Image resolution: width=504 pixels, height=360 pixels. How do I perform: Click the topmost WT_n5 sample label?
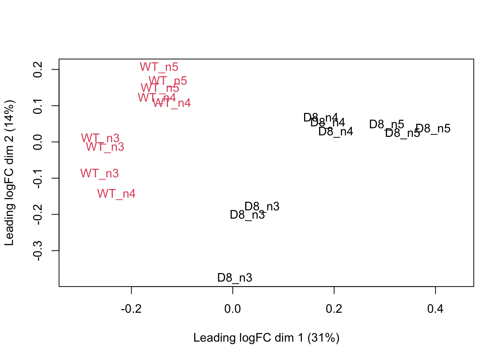[159, 67]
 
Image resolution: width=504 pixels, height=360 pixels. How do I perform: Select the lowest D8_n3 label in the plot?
[235, 278]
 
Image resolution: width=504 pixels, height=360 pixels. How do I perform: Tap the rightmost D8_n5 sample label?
[433, 129]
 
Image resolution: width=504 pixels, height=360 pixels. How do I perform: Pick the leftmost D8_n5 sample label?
[387, 124]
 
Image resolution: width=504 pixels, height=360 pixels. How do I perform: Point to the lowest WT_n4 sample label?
[116, 194]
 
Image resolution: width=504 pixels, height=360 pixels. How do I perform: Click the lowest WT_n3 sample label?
[99, 174]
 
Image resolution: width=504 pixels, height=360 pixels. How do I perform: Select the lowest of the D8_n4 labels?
[336, 132]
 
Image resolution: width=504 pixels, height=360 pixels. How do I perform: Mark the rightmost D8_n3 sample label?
[262, 207]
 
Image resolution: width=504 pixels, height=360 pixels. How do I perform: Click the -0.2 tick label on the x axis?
[131, 309]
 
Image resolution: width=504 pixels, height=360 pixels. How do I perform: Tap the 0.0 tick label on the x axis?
[232, 309]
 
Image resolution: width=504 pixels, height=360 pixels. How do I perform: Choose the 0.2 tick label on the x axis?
[334, 309]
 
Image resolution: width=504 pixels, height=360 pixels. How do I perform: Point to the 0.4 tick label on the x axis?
[435, 309]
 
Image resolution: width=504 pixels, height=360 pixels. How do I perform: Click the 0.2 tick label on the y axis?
[37, 70]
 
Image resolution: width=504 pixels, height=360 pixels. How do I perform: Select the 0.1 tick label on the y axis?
[37, 106]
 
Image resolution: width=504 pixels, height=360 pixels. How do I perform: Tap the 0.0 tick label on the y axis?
[37, 142]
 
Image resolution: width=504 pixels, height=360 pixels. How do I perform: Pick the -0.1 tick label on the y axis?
[37, 178]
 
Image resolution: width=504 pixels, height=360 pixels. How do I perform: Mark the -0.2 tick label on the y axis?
[37, 214]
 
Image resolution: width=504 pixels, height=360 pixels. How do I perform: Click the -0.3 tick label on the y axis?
[37, 250]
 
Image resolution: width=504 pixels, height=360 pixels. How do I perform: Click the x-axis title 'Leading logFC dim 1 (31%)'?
[266, 338]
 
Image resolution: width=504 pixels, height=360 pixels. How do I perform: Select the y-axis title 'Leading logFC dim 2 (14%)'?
[9, 173]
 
